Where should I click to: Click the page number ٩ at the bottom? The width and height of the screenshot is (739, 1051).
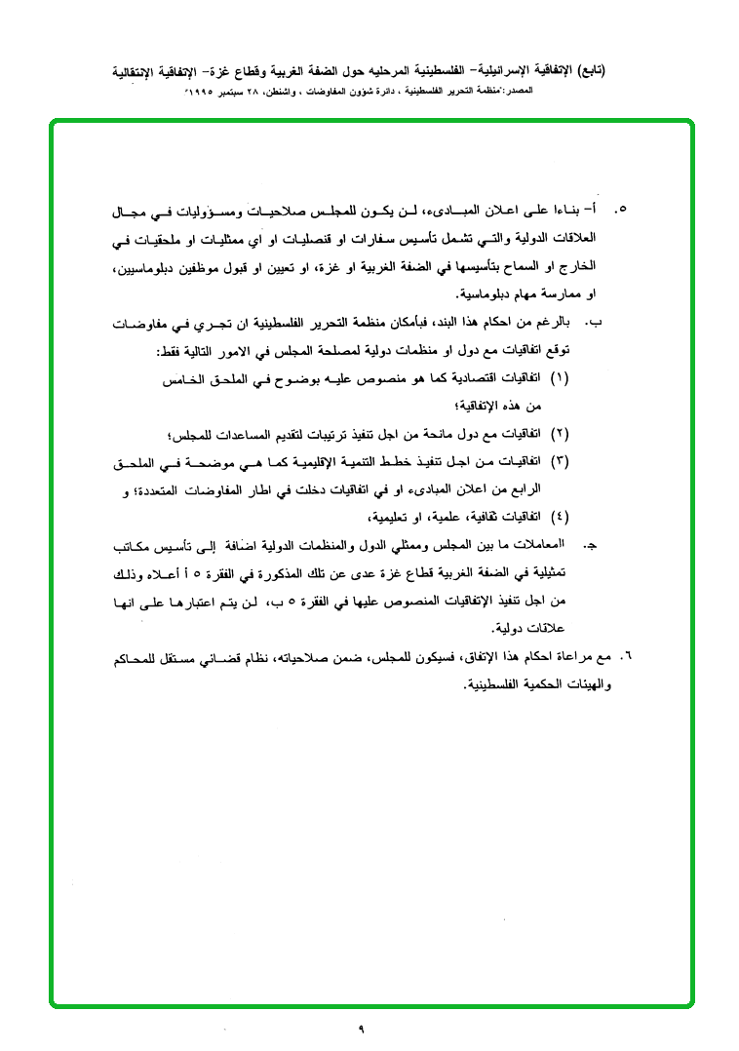(360, 1027)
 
